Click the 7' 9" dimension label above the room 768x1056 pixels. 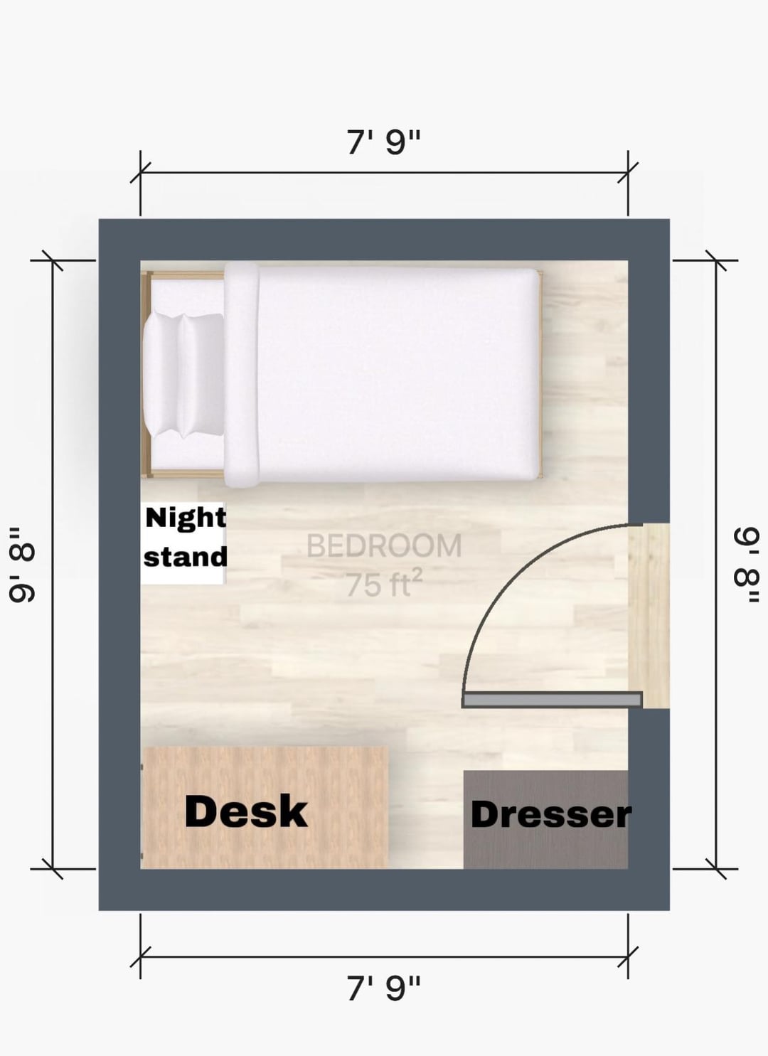(x=383, y=142)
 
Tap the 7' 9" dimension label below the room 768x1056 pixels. (x=383, y=988)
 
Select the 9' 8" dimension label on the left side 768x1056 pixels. (x=21, y=565)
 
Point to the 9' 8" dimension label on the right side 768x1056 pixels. (x=747, y=565)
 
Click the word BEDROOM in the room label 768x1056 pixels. (x=384, y=545)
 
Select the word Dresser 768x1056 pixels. (x=550, y=815)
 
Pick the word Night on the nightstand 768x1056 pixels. (x=186, y=519)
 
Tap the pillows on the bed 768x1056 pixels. (x=184, y=375)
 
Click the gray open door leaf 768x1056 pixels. (x=552, y=700)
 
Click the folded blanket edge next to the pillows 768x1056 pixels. (x=241, y=375)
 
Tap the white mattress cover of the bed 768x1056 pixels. (x=398, y=375)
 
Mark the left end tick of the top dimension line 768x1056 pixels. (x=141, y=173)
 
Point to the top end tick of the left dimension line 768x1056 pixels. (x=52, y=260)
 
